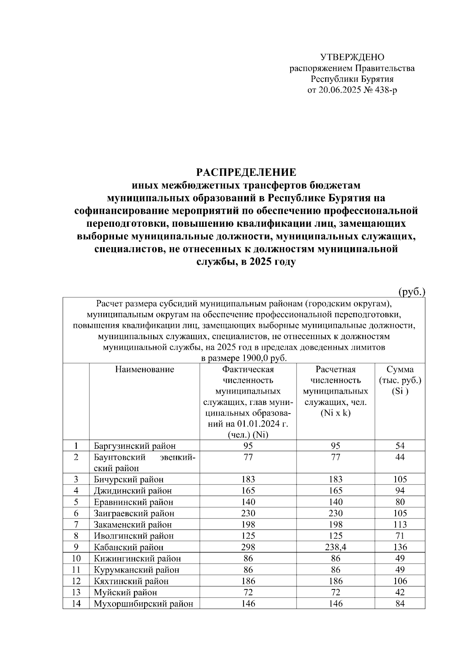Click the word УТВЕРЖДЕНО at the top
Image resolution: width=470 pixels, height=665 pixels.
pos(352,57)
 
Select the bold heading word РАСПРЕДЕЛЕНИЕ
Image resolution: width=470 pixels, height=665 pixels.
pos(246,172)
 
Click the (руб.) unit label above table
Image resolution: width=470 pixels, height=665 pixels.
pos(412,292)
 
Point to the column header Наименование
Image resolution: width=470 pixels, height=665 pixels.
pos(145,369)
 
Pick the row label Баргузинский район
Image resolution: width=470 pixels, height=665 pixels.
pos(134,446)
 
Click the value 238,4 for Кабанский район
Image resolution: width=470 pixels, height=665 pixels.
pos(336,547)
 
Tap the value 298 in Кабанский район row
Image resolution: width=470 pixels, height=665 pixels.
pos(248,547)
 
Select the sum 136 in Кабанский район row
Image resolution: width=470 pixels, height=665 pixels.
pos(400,547)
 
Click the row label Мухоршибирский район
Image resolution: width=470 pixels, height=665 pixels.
pos(143,604)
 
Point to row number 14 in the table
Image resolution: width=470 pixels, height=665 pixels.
pos(76,604)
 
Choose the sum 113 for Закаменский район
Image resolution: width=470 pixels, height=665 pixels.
pos(400,524)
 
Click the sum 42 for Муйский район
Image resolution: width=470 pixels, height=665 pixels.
pos(400,593)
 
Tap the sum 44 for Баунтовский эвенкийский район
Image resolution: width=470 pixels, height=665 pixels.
pos(400,457)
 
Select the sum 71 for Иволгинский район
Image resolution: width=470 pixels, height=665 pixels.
pos(400,536)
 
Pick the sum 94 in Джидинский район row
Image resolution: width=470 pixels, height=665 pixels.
pos(400,491)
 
